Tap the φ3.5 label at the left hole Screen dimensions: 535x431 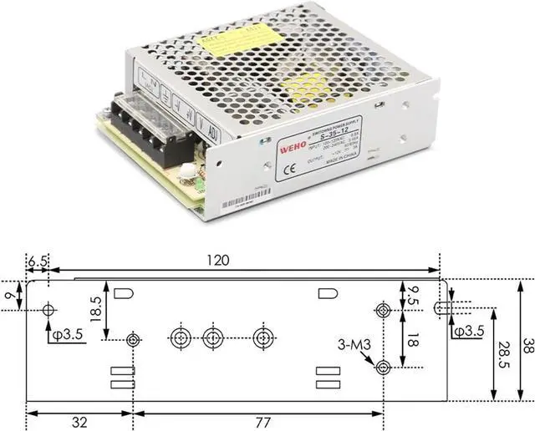(65, 337)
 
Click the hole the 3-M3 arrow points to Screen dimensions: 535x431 (383, 367)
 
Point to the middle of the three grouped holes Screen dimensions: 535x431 (213, 337)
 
